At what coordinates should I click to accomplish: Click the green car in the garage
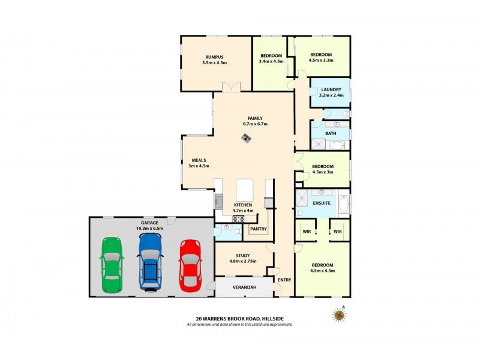tap(112, 265)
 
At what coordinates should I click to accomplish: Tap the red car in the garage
tap(190, 265)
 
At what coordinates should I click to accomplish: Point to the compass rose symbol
tap(340, 314)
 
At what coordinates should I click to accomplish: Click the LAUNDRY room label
tap(331, 89)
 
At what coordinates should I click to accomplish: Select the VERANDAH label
tap(245, 288)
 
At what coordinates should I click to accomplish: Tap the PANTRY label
tap(259, 229)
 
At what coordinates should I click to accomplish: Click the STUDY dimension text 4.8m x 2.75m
tap(242, 262)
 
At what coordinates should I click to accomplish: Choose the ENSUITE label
tap(322, 203)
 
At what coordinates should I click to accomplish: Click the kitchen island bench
tap(245, 190)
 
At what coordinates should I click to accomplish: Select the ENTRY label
tap(284, 280)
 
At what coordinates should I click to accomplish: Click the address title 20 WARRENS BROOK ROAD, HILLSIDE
tap(239, 319)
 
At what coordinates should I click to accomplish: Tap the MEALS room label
tap(199, 160)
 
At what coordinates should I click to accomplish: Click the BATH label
tap(331, 133)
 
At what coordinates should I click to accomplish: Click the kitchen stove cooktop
tap(238, 219)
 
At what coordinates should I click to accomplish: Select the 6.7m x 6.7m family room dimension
tap(255, 124)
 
